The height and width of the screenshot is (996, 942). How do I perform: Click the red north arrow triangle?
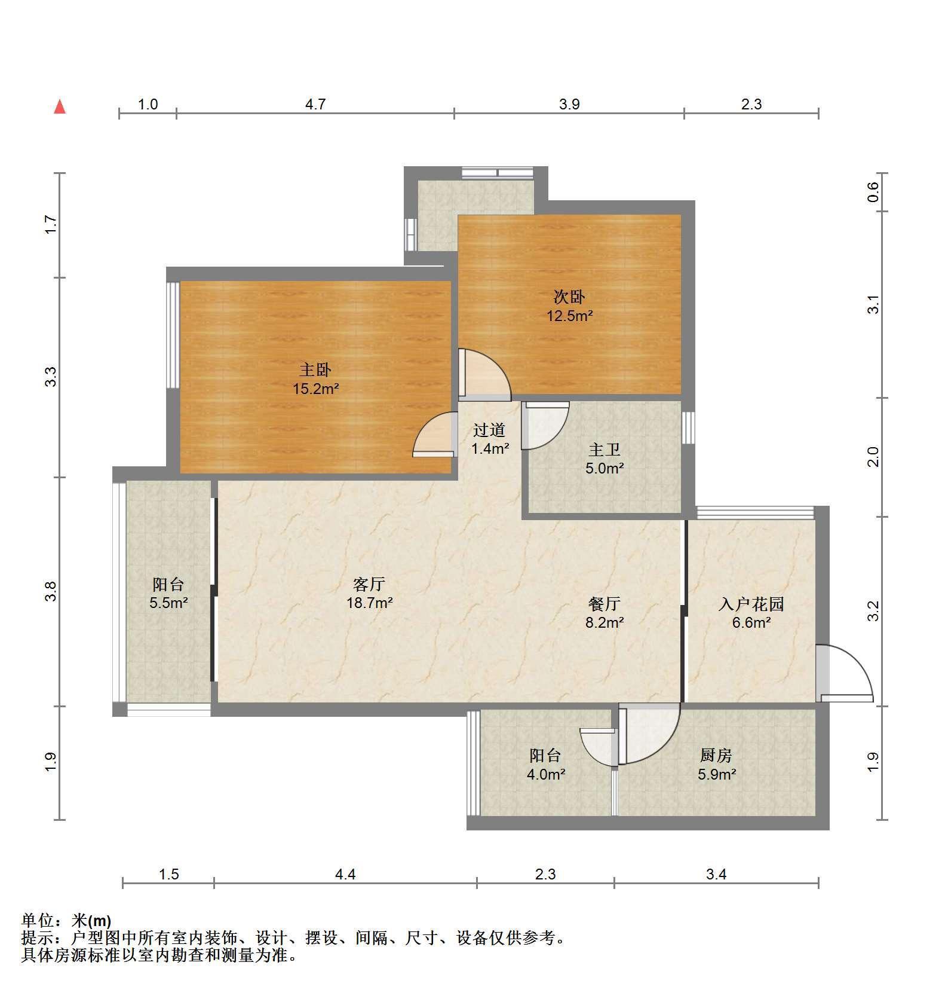[60, 107]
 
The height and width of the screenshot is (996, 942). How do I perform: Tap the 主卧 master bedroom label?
[315, 370]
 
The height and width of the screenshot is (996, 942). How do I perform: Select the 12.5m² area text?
[570, 316]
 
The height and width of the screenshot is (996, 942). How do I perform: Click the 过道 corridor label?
[489, 430]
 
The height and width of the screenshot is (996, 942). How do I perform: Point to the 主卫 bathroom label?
[605, 450]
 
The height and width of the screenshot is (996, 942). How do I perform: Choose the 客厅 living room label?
[369, 584]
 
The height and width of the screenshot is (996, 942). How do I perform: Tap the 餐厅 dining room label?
[605, 604]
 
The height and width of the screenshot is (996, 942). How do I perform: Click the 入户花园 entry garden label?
[751, 604]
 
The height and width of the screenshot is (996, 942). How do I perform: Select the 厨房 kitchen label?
[716, 756]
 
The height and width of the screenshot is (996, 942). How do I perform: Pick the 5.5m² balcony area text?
[169, 603]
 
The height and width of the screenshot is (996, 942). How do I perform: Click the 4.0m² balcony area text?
[546, 774]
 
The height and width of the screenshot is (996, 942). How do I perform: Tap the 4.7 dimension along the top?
[315, 105]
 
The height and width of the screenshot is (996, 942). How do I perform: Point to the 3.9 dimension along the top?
[569, 105]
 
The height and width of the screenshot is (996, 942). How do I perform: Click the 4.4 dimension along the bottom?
[345, 875]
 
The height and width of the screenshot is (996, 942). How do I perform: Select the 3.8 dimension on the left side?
[51, 591]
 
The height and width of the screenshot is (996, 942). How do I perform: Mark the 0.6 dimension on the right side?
[873, 192]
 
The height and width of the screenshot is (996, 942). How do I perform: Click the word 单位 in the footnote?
[38, 920]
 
